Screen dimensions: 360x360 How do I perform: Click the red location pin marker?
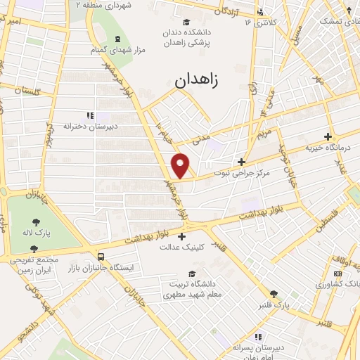click(181, 165)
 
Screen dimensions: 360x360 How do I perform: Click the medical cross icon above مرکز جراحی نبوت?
click(241, 161)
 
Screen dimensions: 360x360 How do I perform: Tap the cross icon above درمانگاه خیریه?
click(327, 137)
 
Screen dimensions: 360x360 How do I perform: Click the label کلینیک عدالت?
click(182, 247)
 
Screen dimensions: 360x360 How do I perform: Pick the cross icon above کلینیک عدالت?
click(182, 236)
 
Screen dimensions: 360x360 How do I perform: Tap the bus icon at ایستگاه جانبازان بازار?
click(101, 257)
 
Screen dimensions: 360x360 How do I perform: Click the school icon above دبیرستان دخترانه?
click(89, 115)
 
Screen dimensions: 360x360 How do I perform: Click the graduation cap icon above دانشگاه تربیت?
click(192, 274)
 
